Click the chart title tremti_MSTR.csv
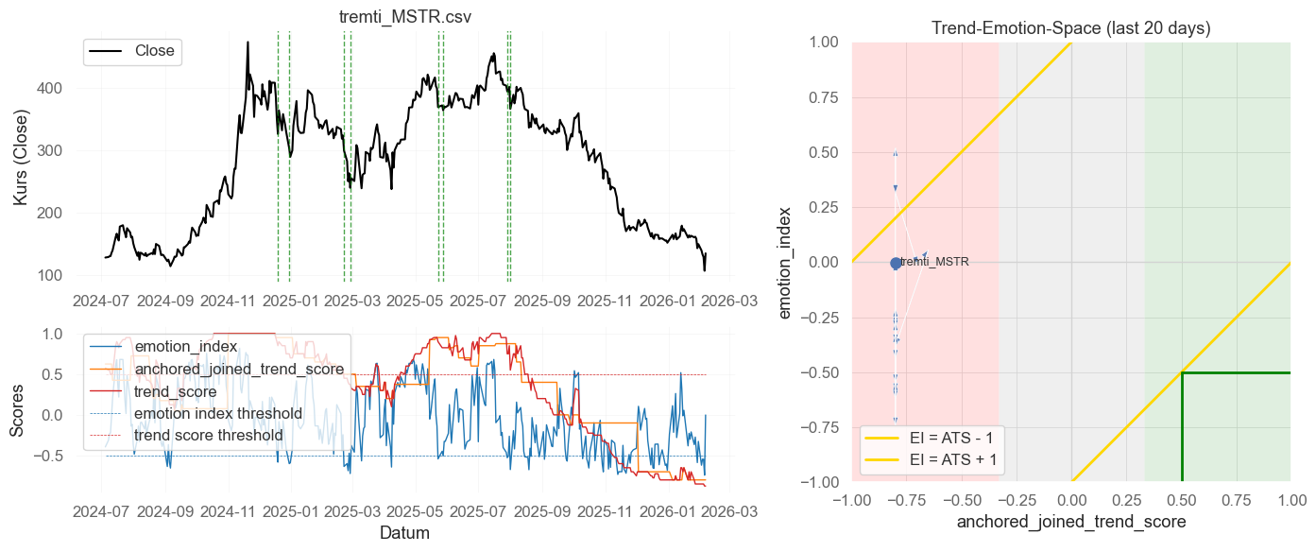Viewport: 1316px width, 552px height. click(x=405, y=17)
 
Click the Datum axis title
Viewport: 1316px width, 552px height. click(x=405, y=533)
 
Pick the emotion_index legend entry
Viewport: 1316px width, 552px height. click(x=185, y=346)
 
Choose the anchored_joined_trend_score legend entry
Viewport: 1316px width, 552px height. click(x=242, y=369)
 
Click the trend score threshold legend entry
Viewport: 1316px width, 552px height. click(x=208, y=436)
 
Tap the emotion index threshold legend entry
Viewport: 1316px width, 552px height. click(x=217, y=413)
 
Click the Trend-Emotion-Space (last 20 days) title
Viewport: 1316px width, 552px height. click(x=1070, y=28)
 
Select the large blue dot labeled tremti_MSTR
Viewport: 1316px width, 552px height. click(x=896, y=263)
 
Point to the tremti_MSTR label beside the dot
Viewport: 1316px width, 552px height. click(x=934, y=262)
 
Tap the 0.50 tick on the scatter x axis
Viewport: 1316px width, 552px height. click(x=1181, y=498)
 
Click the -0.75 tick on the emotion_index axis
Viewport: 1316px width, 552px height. click(x=823, y=427)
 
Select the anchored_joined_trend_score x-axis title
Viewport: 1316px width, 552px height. click(x=1070, y=522)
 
